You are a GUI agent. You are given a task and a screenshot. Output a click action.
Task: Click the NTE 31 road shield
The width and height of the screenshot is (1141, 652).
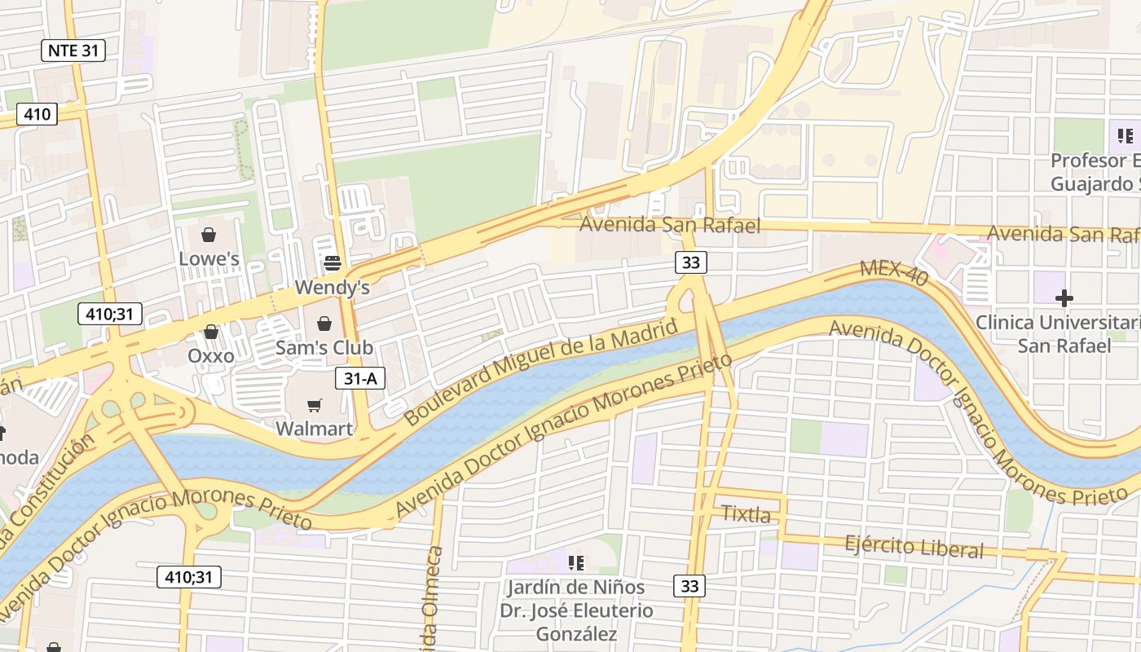(73, 51)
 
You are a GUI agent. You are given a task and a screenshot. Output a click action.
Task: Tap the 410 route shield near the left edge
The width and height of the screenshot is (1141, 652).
(37, 114)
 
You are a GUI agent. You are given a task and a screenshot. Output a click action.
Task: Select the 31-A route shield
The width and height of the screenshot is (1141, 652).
(359, 378)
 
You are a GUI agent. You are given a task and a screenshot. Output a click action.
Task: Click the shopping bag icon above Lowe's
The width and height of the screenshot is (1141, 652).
(209, 236)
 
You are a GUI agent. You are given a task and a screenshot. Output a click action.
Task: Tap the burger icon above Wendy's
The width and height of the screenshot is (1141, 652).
(332, 262)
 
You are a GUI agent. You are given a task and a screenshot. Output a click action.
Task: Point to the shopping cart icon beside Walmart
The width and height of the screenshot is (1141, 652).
(314, 405)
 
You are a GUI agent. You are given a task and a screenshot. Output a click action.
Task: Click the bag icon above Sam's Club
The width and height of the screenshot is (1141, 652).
(324, 324)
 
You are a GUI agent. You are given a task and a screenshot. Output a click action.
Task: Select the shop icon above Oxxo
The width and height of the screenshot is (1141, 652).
(211, 332)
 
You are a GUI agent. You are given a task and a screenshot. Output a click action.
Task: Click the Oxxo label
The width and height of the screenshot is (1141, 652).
(211, 356)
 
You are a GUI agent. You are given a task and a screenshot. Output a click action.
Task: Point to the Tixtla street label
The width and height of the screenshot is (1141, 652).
(746, 514)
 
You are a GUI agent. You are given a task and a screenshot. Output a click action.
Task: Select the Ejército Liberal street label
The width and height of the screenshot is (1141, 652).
(914, 546)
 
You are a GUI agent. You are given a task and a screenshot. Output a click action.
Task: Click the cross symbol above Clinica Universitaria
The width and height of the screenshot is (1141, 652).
(1064, 297)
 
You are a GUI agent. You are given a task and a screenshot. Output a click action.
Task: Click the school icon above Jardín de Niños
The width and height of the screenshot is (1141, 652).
(576, 562)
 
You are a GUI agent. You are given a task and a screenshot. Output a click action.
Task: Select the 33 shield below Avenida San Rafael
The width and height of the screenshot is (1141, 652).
(690, 262)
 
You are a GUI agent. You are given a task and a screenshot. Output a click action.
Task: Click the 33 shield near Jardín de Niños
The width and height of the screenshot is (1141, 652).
(689, 585)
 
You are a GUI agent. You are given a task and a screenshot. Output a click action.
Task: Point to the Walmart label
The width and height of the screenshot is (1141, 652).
(314, 429)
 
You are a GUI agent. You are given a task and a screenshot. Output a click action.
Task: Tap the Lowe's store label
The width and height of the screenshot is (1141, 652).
(209, 259)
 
